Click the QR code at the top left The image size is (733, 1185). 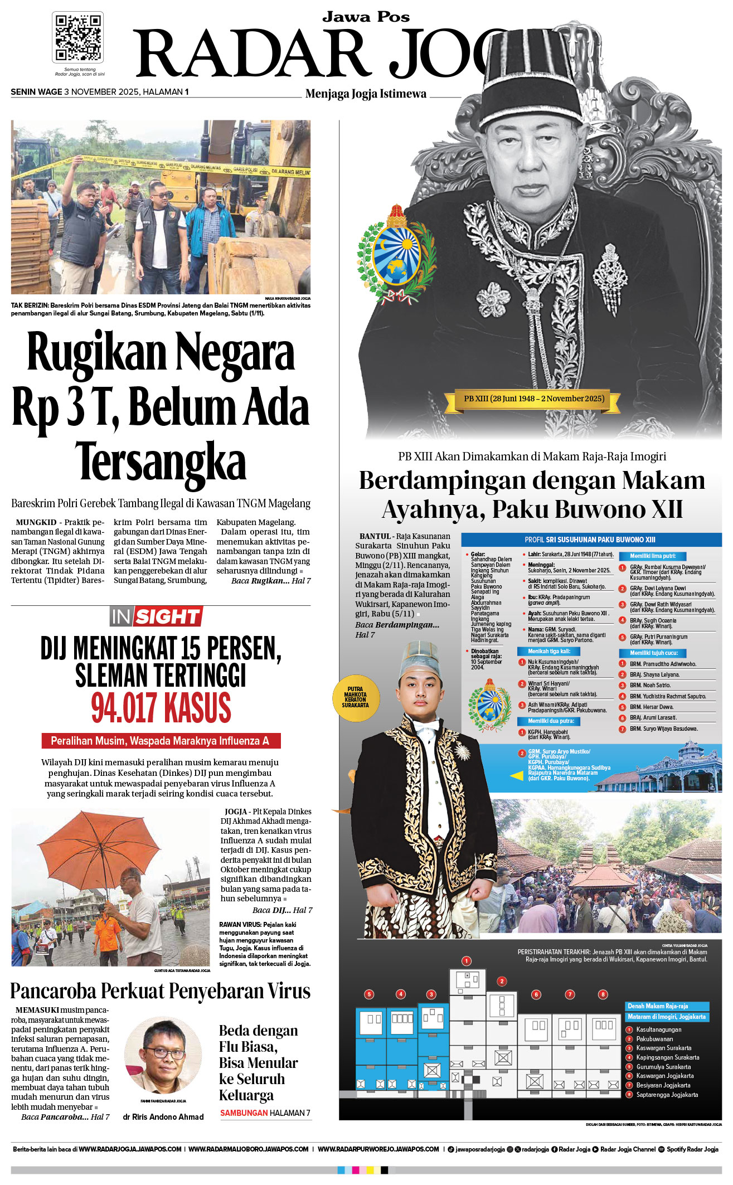coord(77,37)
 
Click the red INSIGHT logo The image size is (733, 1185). coord(156,616)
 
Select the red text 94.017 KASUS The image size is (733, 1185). coord(161,708)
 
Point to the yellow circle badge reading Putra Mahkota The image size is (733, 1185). coord(356,697)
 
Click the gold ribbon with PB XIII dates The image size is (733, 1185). coord(533,399)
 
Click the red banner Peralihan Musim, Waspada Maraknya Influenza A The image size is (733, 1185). coord(161,741)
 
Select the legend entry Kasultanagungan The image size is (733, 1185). coord(658,1029)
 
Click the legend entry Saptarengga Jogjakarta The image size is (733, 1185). coord(667,1095)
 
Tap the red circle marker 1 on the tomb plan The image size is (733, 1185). coord(467,960)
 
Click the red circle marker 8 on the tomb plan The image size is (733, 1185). coord(603,994)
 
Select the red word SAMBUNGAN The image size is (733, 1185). coord(244,1113)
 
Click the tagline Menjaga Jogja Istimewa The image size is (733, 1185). coord(366,94)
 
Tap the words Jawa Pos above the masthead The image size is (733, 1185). coord(366,17)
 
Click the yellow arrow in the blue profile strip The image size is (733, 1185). coord(517,775)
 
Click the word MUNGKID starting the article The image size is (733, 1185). coord(36,523)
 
